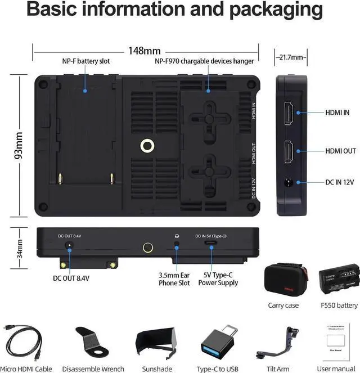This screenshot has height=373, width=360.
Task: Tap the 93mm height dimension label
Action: [x=19, y=145]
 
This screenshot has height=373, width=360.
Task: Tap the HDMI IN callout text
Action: [x=337, y=113]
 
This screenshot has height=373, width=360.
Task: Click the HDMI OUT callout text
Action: [x=341, y=151]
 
